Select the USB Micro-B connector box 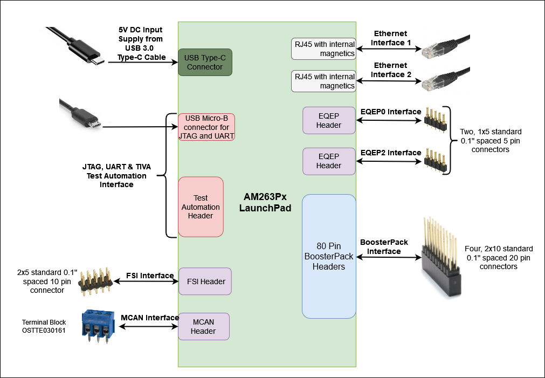click(x=206, y=127)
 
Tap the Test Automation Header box click(x=201, y=207)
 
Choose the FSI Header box click(x=205, y=281)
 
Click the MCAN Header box click(x=203, y=326)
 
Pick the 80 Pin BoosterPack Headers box click(x=329, y=256)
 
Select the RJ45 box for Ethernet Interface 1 click(x=324, y=49)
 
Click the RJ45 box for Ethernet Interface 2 click(x=324, y=81)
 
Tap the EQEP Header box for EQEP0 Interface click(x=329, y=120)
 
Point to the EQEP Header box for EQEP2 click(x=329, y=161)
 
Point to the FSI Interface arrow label click(x=150, y=276)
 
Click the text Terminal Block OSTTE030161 click(x=44, y=326)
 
